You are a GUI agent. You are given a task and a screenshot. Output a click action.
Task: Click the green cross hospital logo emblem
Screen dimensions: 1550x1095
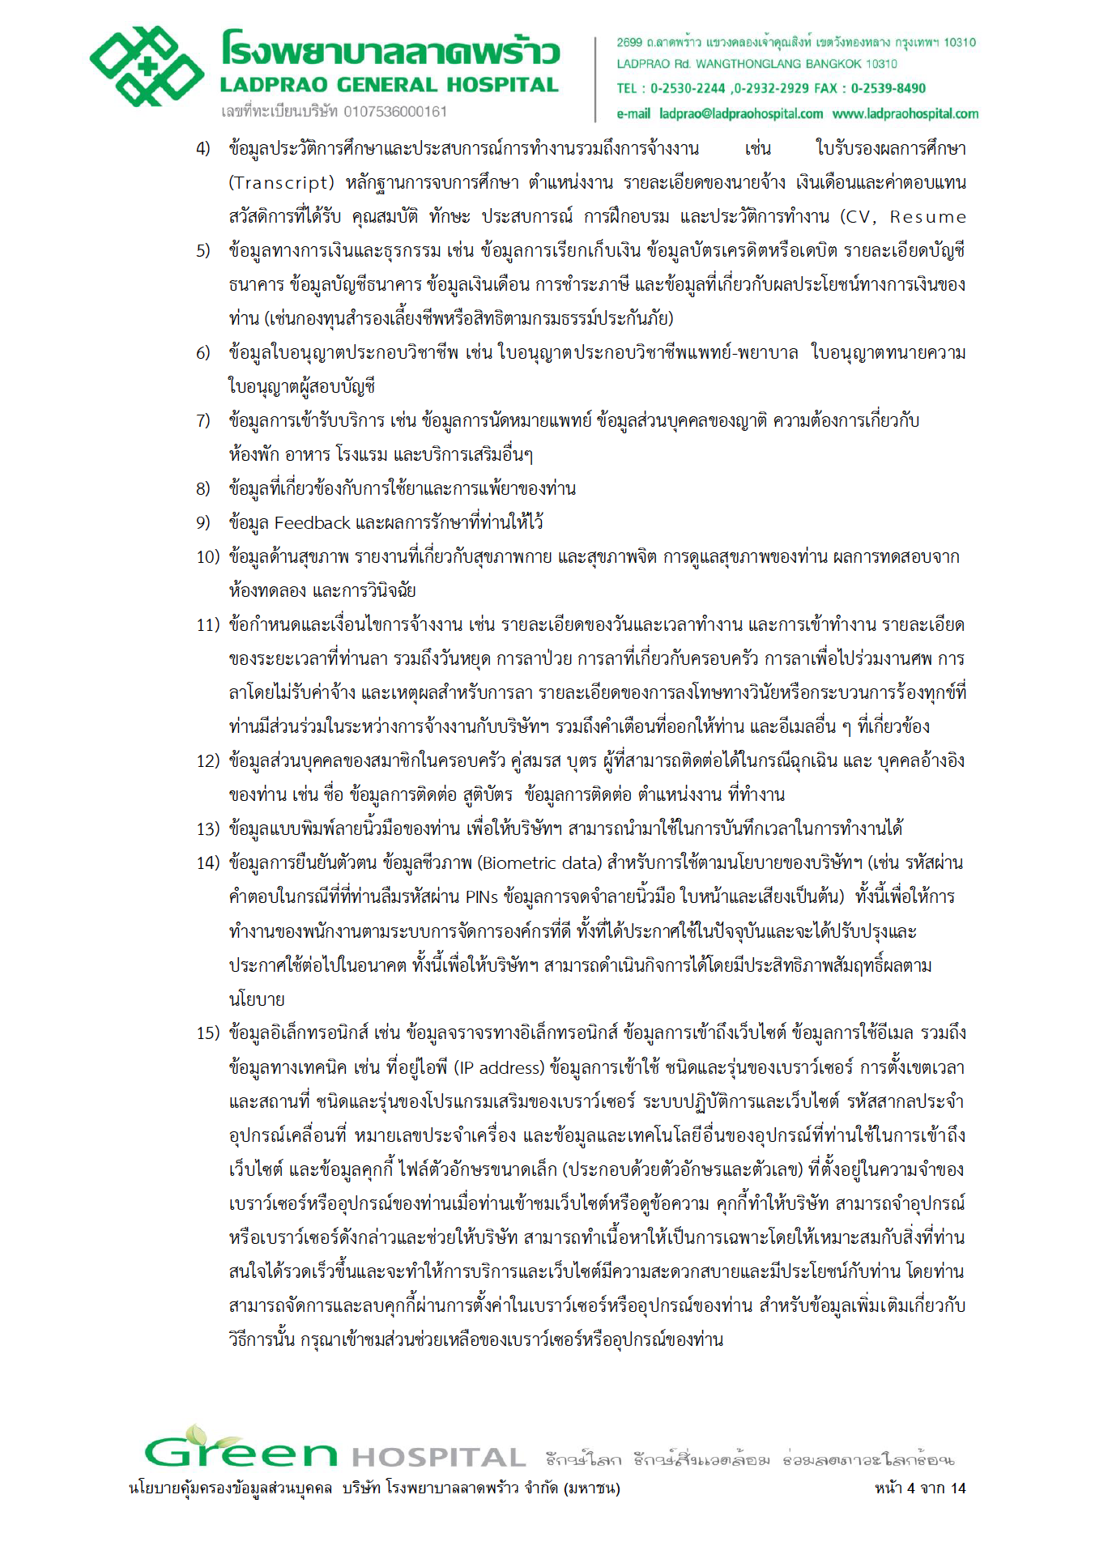147,66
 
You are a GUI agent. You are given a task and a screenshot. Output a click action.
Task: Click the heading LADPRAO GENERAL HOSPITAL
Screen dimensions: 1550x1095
389,85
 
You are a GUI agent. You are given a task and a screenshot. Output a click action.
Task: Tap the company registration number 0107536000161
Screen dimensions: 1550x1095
395,112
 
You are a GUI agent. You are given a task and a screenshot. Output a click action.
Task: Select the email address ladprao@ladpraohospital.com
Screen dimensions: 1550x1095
740,114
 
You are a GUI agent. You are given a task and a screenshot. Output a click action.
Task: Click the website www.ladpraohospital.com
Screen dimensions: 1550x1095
905,114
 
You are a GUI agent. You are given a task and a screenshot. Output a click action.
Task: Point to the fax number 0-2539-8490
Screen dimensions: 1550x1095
888,88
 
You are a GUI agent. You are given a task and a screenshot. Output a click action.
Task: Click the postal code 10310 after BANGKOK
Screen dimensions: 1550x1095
880,64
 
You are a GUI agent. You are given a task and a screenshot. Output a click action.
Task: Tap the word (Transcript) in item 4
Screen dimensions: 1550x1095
281,183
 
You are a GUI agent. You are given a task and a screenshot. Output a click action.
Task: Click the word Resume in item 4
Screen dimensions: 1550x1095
927,217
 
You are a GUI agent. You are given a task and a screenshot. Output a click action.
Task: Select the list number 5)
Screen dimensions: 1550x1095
203,251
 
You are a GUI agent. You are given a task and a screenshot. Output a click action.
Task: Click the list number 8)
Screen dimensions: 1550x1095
203,489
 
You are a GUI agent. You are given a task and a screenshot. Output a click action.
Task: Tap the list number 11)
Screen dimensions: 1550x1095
207,625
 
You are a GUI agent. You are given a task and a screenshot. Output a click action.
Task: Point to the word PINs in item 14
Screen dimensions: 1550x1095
482,897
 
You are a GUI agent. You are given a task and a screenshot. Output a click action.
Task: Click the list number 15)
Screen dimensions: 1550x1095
207,1033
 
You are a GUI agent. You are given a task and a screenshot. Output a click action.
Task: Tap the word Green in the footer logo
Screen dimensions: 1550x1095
241,1453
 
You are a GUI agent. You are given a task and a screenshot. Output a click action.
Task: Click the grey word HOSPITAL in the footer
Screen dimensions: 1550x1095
439,1458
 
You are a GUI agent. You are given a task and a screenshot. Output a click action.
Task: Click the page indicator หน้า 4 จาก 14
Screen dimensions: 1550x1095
920,1488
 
